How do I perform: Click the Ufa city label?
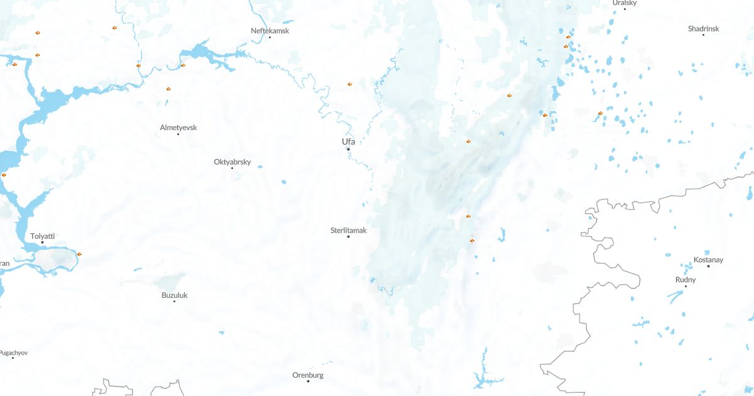348,141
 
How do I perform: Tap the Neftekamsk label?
270,31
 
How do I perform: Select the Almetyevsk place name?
178,128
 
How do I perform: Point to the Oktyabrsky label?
232,162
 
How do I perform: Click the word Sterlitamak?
348,231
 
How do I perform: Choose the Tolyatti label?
43,236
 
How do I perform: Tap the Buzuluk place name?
175,295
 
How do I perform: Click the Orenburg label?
308,375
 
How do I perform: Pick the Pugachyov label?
14,353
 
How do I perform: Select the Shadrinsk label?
703,29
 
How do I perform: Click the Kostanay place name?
708,260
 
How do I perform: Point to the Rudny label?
686,280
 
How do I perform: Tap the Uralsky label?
625,3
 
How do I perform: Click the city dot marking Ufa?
348,149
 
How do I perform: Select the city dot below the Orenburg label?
308,382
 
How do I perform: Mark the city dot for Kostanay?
708,267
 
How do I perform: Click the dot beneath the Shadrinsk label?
703,36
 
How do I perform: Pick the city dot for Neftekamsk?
270,38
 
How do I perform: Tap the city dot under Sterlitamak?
348,237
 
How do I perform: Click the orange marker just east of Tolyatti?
79,254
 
